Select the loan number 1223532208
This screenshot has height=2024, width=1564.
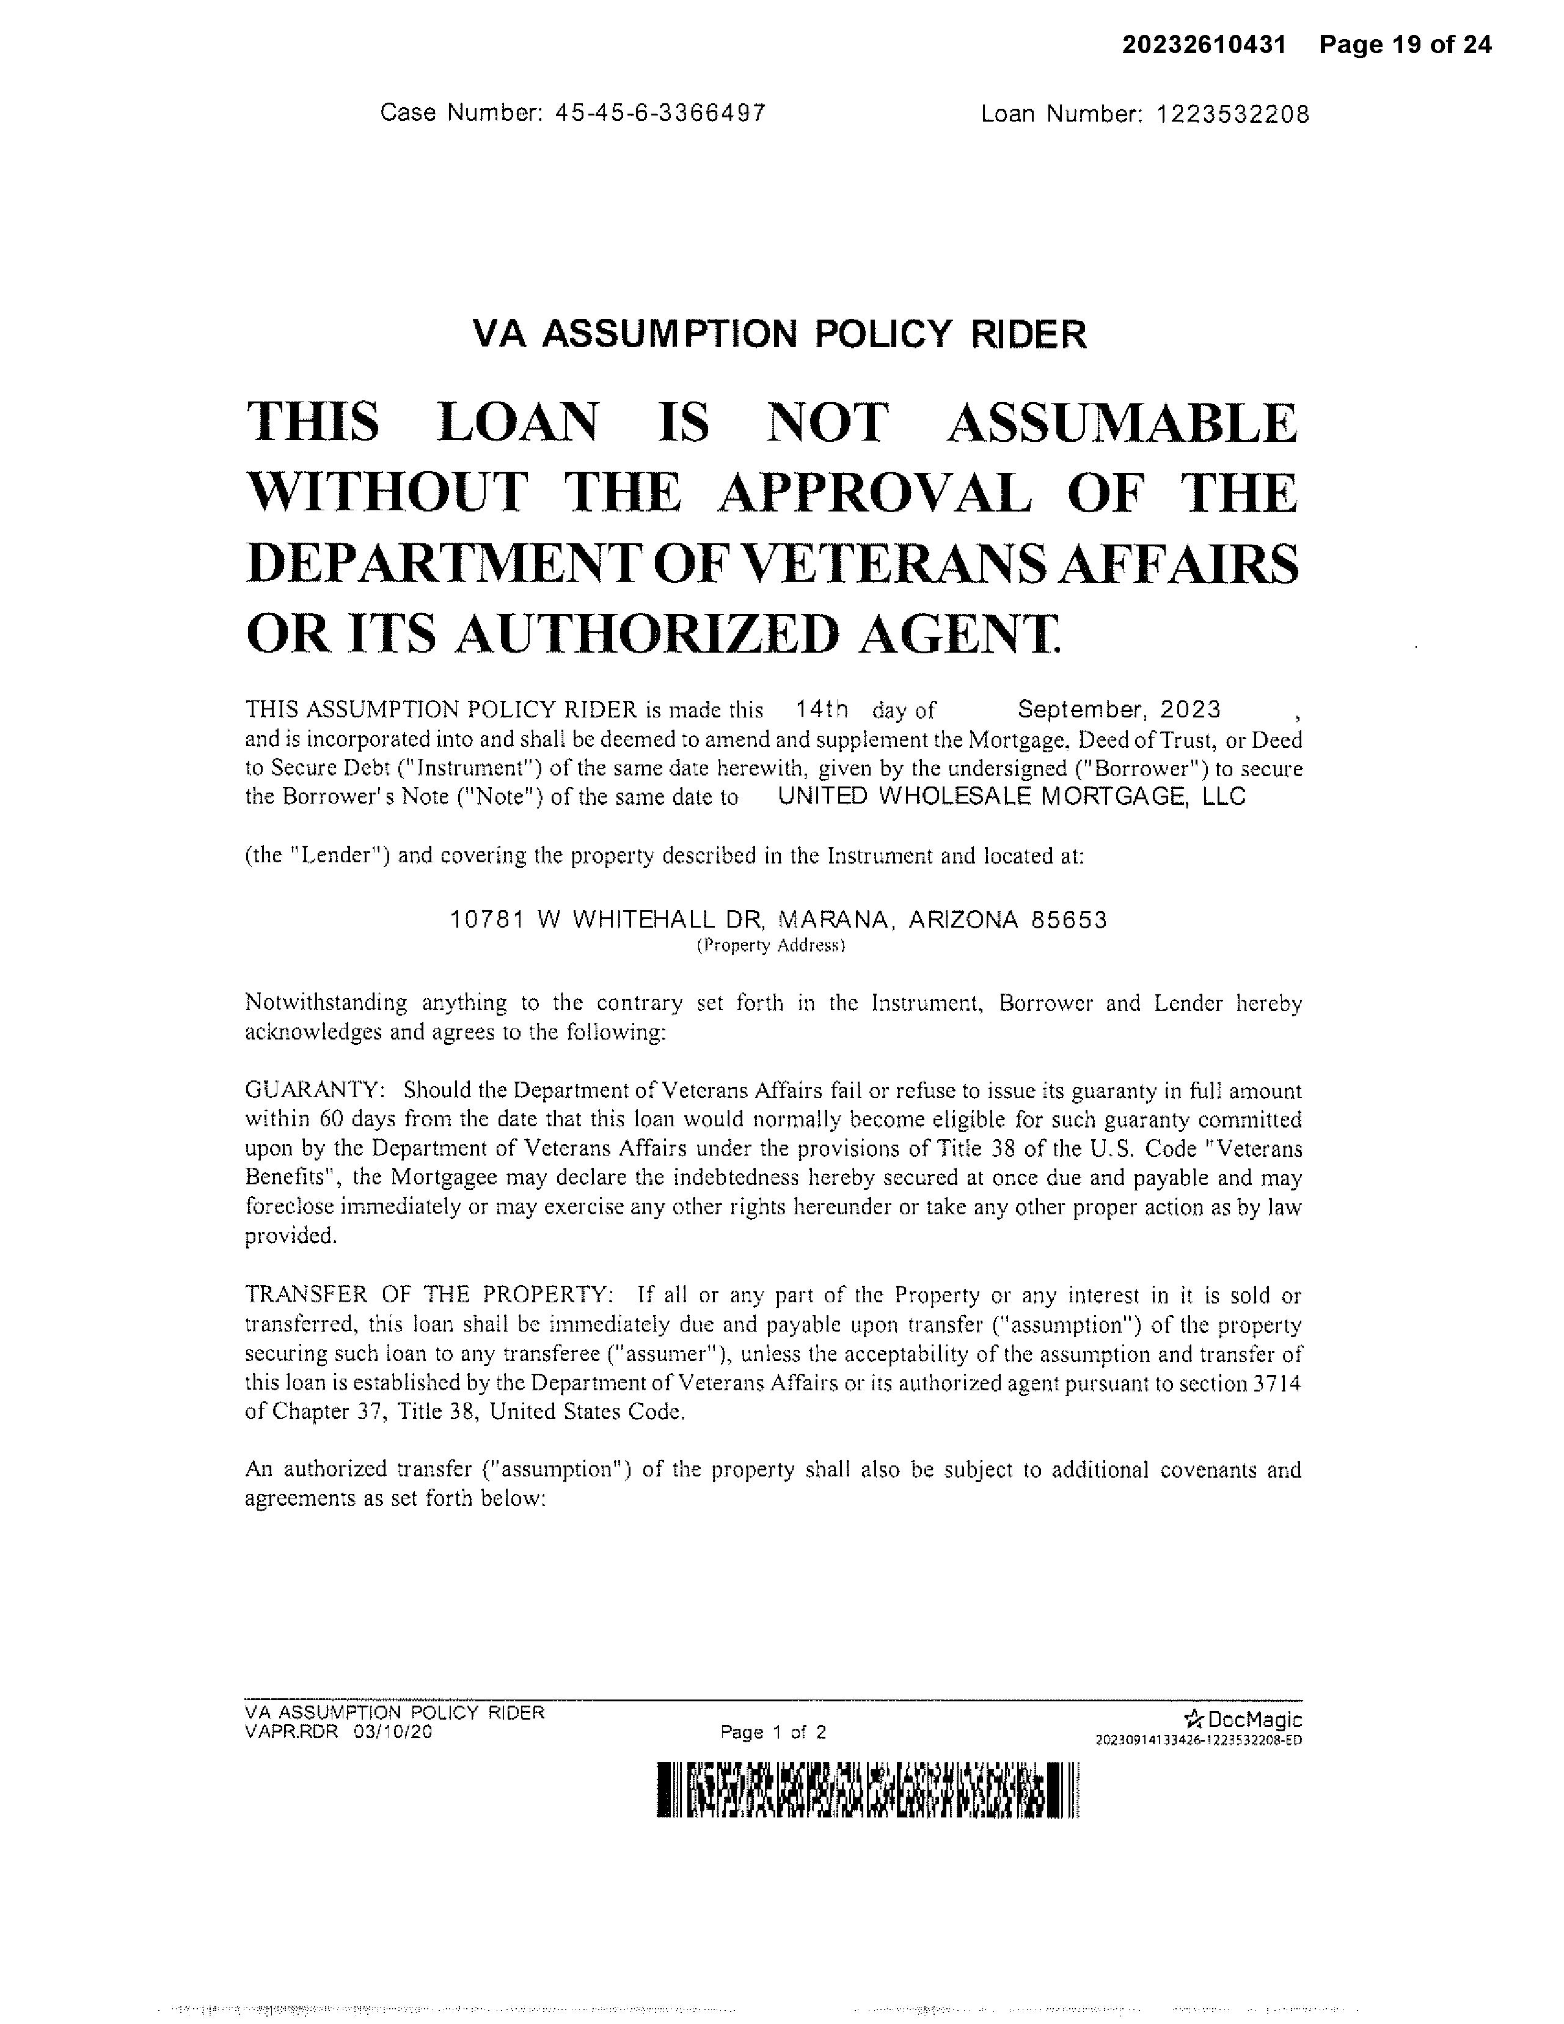pyautogui.click(x=1232, y=114)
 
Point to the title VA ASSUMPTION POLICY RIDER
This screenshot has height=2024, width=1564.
pyautogui.click(x=779, y=334)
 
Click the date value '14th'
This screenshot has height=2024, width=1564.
pyautogui.click(x=821, y=710)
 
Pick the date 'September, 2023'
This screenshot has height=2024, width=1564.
pyautogui.click(x=1119, y=710)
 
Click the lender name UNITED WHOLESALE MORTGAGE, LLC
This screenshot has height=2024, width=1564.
pyautogui.click(x=1011, y=796)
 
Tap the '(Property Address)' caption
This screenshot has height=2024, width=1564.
pyautogui.click(x=771, y=945)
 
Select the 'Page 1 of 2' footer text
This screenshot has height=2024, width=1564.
pyautogui.click(x=773, y=1732)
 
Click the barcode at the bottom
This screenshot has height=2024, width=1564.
pyautogui.click(x=868, y=1789)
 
